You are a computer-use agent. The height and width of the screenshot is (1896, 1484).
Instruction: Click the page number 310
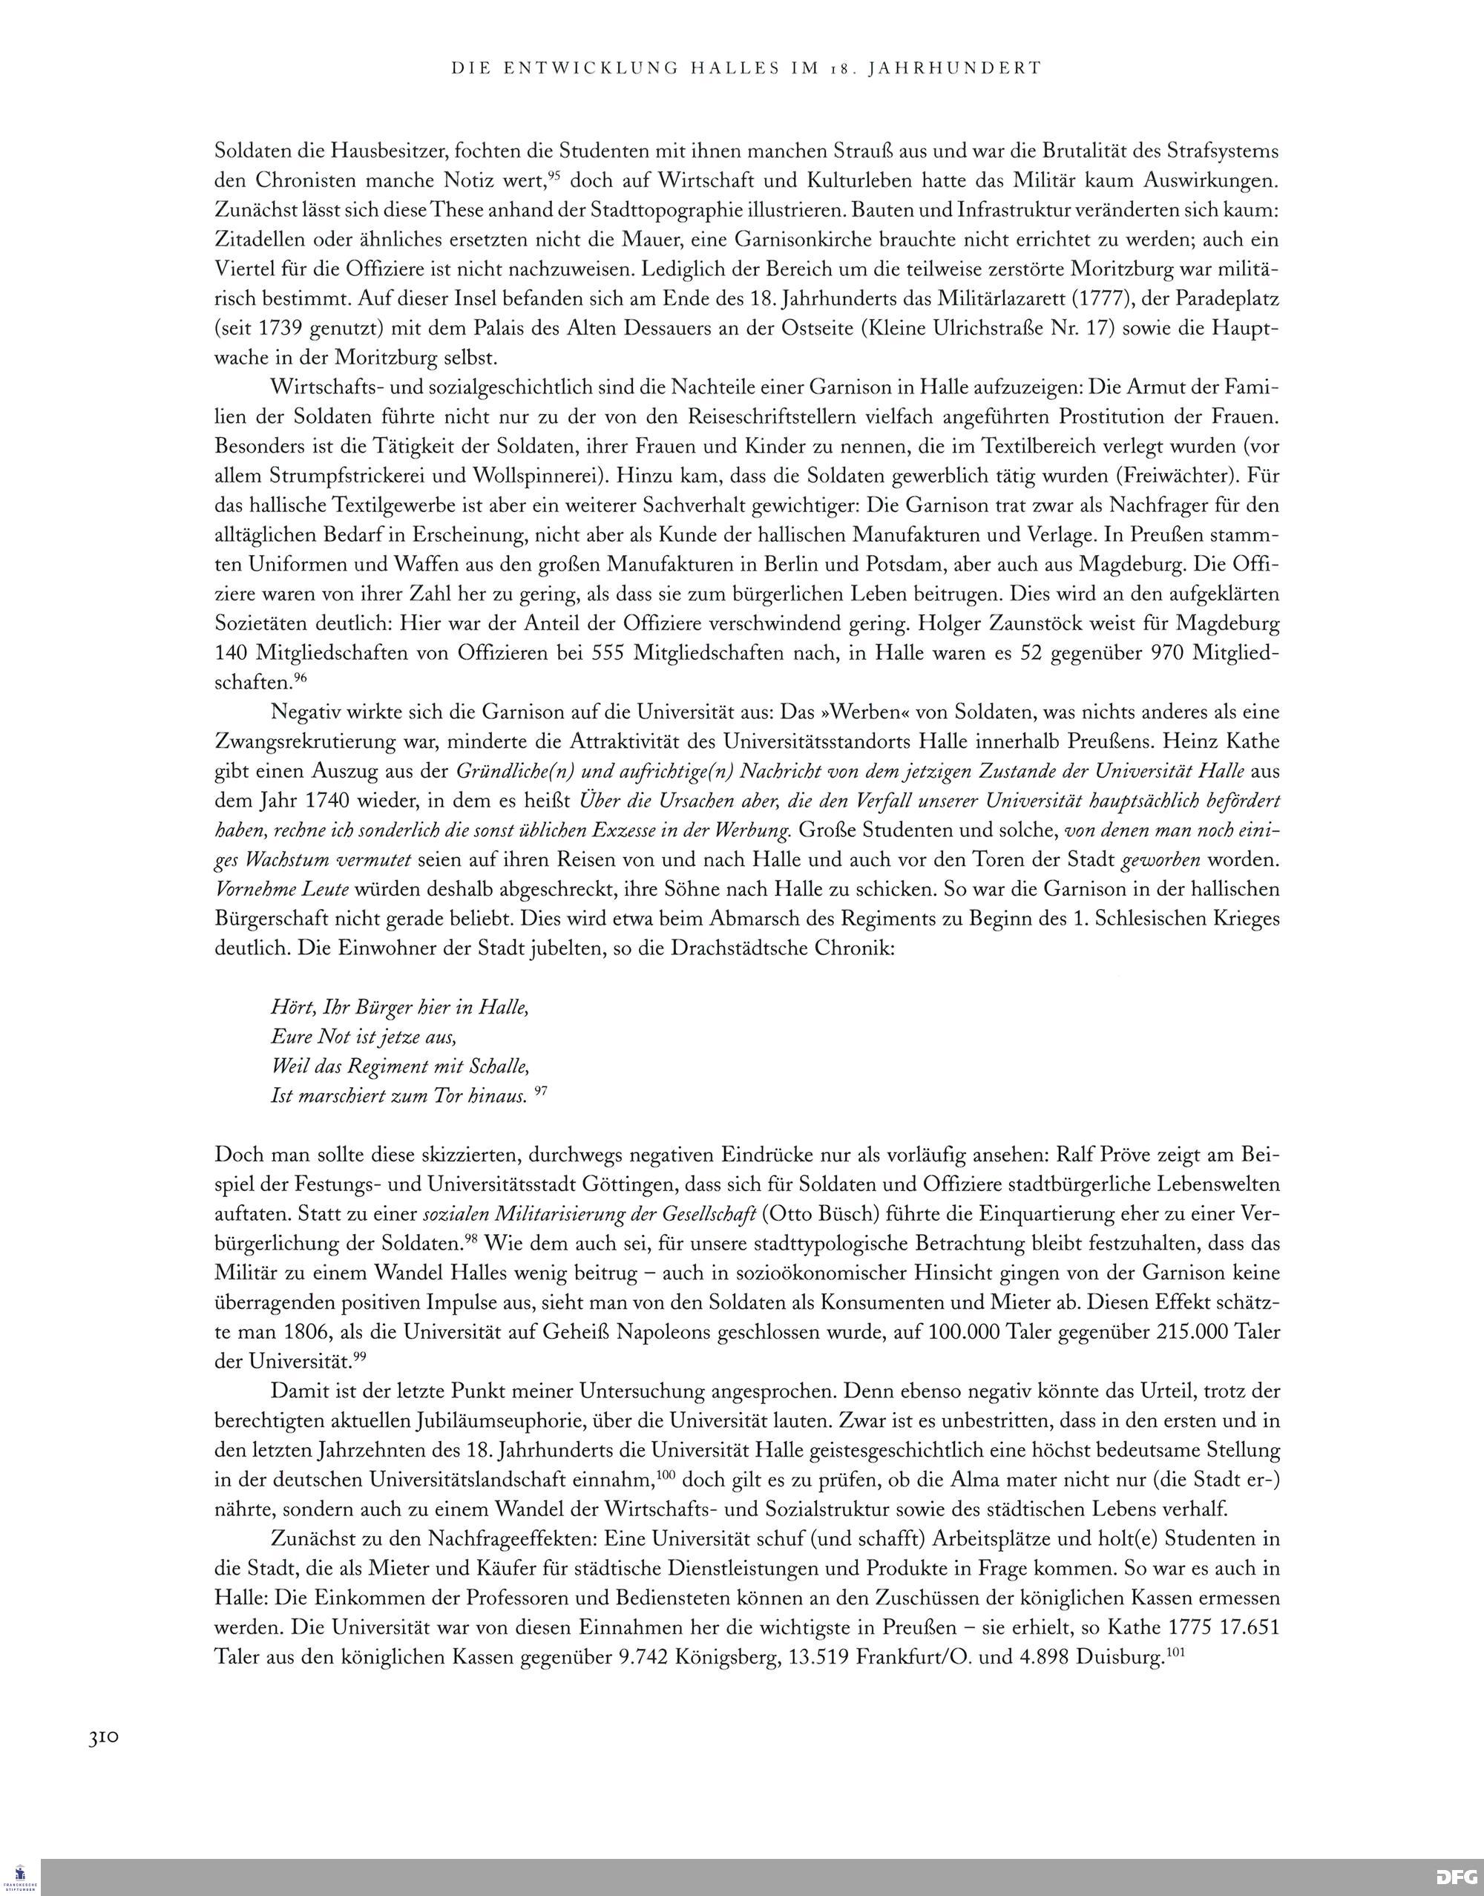102,1738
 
